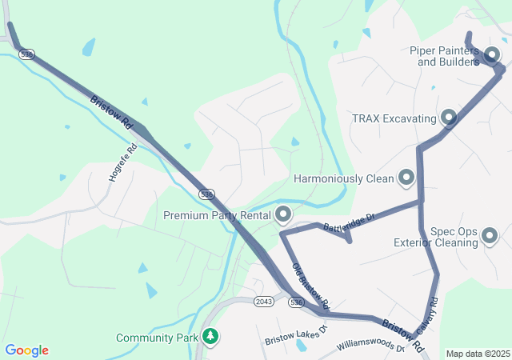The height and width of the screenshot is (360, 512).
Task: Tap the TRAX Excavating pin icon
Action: pyautogui.click(x=448, y=118)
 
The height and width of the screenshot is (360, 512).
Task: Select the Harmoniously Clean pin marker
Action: pyautogui.click(x=406, y=178)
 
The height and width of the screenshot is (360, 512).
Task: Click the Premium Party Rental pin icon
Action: pyautogui.click(x=283, y=214)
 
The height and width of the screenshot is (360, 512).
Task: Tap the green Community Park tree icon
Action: pyautogui.click(x=210, y=337)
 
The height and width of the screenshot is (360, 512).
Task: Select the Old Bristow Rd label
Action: pyautogui.click(x=310, y=286)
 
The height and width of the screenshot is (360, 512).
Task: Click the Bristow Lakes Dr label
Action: pyautogui.click(x=296, y=334)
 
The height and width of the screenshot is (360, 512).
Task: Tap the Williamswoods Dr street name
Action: pyautogui.click(x=371, y=345)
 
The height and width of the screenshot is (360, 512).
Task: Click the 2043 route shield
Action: pyautogui.click(x=264, y=301)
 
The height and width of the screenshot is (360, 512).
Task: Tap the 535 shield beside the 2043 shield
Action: pyautogui.click(x=296, y=302)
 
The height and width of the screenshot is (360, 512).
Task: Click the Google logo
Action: pyautogui.click(x=26, y=350)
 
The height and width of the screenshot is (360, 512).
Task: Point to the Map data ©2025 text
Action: pyautogui.click(x=478, y=354)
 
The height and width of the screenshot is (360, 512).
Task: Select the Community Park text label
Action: pyautogui.click(x=156, y=338)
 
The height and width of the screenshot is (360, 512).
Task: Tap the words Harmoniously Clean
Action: pyautogui.click(x=344, y=179)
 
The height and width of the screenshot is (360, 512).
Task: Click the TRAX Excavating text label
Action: pyautogui.click(x=394, y=118)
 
